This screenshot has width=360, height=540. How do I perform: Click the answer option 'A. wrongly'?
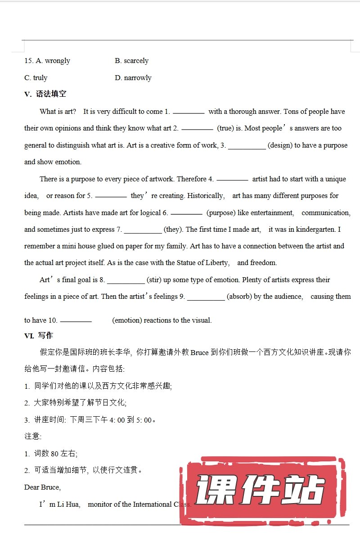pos(53,61)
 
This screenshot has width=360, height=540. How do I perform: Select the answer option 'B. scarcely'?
pos(131,61)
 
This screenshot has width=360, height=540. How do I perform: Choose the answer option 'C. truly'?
pos(36,78)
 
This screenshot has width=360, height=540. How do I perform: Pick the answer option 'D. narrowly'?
pos(133,78)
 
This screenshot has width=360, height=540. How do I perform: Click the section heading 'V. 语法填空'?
pos(45,94)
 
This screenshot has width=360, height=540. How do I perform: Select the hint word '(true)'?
pos(225,128)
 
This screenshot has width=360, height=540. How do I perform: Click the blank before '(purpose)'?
pos(186,213)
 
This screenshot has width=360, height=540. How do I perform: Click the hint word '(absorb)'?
pos(239,297)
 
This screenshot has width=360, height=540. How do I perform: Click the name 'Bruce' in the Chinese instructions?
pos(200,353)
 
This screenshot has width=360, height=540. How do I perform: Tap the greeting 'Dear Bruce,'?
pos(43,487)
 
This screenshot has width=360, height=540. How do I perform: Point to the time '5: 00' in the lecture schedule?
pos(144,420)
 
